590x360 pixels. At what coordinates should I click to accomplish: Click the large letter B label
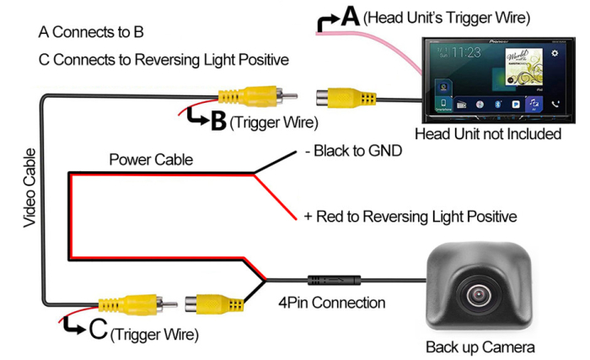[217, 121]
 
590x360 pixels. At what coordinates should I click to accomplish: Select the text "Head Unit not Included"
[488, 133]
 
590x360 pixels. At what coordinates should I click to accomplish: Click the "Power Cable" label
[151, 159]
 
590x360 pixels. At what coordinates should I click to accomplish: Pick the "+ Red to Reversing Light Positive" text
[410, 217]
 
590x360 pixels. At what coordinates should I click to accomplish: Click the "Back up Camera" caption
[480, 347]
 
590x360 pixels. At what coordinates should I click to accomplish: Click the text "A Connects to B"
[91, 32]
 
